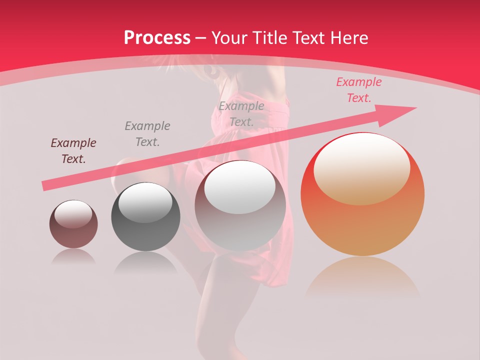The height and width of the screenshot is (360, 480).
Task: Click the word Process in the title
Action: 157,38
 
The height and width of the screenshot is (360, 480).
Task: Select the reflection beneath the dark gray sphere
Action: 145,262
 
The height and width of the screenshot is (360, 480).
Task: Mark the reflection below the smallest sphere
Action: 73,256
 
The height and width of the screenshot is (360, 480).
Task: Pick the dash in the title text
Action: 200,38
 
